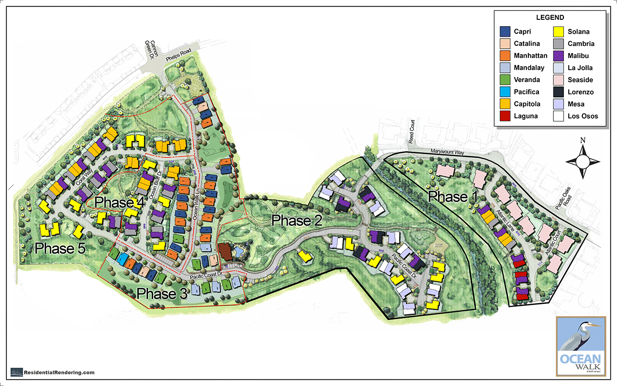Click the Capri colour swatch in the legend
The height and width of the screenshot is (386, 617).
click(x=505, y=32)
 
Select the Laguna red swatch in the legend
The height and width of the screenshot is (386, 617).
click(x=505, y=116)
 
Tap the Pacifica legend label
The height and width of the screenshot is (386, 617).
click(x=527, y=92)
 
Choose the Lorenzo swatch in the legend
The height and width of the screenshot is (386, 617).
click(x=559, y=92)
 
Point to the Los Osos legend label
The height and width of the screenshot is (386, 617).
click(x=583, y=116)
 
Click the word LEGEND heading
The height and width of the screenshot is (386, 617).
click(x=550, y=18)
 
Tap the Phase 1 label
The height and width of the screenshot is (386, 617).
click(x=455, y=197)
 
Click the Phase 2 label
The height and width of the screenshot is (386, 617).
click(x=297, y=221)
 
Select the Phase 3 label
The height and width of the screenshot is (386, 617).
click(x=161, y=293)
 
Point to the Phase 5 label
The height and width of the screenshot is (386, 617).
click(x=60, y=248)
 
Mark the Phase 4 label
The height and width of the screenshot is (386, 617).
click(x=120, y=202)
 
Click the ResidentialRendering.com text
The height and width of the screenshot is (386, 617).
click(x=59, y=372)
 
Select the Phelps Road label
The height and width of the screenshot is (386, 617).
click(x=178, y=55)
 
